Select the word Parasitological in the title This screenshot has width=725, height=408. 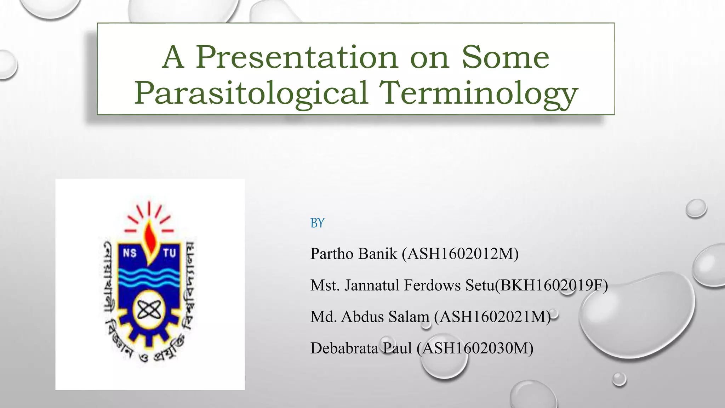pos(251,93)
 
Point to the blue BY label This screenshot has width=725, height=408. pos(317,223)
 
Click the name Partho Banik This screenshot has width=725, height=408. pos(354,254)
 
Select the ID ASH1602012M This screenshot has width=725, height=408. pos(460,254)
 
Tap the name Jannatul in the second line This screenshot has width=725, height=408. pos(372,285)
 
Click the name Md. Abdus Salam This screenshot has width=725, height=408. pos(370,317)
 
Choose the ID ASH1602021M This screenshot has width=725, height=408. pos(492,317)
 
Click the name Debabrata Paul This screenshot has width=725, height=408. pos(361,348)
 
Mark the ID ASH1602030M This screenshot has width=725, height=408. pos(475,348)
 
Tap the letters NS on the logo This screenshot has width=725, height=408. pos(130,253)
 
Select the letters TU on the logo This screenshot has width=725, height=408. pos(169,253)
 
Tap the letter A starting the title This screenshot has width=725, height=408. pos(173,57)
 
